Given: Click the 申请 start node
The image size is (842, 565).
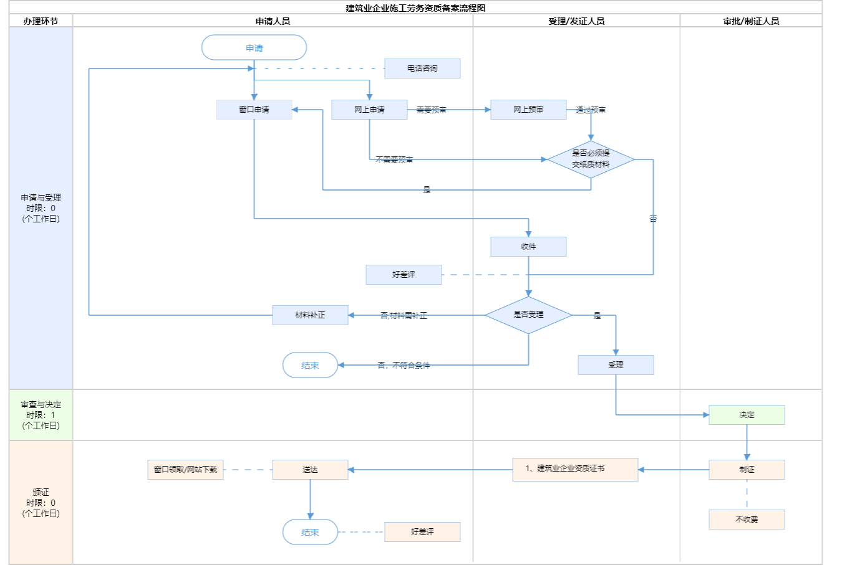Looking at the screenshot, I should coord(254,48).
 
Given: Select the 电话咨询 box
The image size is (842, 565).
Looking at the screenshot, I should coord(422,69).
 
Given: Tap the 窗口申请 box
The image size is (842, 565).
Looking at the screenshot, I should coord(254,110).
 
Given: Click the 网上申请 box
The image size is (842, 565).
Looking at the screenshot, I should coord(369,110).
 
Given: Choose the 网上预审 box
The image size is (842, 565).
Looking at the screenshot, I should coord(528,110).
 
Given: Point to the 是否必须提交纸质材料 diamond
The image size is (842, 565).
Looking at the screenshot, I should coord(591,159).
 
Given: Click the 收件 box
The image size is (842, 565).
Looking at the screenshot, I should coord(528,247).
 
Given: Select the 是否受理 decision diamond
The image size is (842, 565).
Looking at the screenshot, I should coord(528,315).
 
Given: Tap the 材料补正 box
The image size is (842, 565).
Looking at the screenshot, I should coord(310,315).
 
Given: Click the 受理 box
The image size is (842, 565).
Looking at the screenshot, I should coord(616,365).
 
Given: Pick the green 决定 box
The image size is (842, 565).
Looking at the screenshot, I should coord(747,415).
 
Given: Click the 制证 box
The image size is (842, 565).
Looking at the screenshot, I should coord(747,470).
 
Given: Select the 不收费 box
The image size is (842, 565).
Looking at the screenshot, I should coord(747,520).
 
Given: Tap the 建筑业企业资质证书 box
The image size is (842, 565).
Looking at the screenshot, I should coord(575,469).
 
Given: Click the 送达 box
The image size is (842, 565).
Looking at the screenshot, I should coord(310,470).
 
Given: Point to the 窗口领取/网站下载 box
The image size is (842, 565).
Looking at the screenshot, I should coord(186,470).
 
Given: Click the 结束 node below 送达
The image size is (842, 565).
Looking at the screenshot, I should coord(310,533).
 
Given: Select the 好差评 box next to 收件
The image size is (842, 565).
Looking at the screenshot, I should coord(404,275).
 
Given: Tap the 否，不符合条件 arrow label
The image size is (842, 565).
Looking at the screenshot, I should coord(404,366).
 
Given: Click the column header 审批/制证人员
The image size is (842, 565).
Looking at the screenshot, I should coord(751,21).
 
